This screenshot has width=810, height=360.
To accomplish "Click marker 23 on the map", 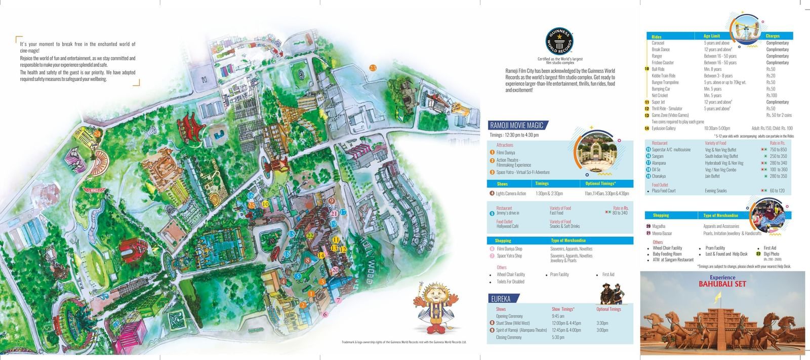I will click(373, 68).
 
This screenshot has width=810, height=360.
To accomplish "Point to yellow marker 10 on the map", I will click(265, 204).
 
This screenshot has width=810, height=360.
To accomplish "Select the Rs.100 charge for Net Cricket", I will click(771, 95).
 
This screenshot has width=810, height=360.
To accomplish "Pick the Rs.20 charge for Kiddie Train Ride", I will click(771, 75).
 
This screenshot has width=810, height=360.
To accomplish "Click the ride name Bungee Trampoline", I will click(665, 82).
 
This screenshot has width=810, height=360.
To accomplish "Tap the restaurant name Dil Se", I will click(656, 170).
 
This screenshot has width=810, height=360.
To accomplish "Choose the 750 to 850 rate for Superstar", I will click(778, 150).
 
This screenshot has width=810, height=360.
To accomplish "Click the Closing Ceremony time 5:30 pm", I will click(558, 337).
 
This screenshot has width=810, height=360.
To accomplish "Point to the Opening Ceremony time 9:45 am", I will click(558, 316).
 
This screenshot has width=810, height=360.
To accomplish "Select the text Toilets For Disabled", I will click(510, 282).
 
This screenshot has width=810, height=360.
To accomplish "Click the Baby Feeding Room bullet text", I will click(667, 254).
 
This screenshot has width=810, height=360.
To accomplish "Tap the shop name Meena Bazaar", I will click(662, 233).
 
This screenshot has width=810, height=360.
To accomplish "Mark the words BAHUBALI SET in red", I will click(722, 284).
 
